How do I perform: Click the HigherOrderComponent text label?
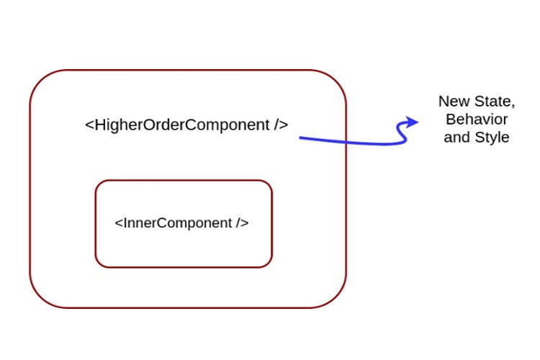pos(186,125)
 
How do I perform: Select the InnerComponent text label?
pos(181,222)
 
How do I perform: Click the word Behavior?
pos(477,120)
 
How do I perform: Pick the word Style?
pos(491,137)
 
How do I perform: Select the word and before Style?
pos(456,137)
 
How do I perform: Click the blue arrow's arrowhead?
pos(413,122)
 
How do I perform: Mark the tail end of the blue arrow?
pos(301,138)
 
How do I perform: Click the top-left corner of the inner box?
pos(100,185)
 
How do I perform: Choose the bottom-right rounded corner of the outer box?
pos(333,295)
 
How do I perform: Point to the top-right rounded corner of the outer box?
pos(333,82)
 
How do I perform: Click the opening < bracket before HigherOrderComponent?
pos(89,125)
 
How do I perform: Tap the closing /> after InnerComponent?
pos(242,222)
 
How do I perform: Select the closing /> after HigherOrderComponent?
pos(281,125)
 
